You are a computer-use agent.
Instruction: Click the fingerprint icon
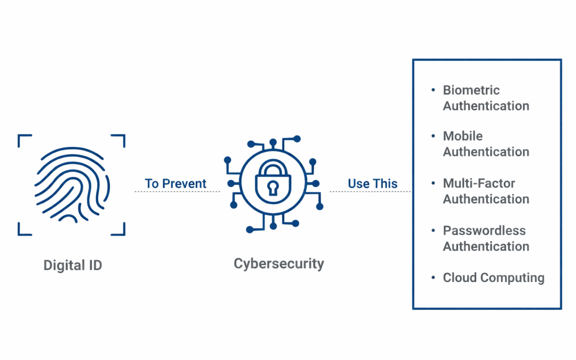click(x=71, y=185)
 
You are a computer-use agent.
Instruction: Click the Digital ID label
click(x=73, y=265)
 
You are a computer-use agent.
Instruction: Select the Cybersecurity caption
click(x=279, y=263)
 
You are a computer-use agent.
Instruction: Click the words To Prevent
click(x=175, y=184)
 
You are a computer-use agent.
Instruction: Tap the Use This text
click(x=373, y=184)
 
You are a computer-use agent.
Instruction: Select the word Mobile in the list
click(x=462, y=136)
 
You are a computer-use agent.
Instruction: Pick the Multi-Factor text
click(x=479, y=183)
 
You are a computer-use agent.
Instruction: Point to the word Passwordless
click(x=484, y=231)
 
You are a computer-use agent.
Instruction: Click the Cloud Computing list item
click(x=493, y=278)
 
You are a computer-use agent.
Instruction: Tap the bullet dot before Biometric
click(x=433, y=90)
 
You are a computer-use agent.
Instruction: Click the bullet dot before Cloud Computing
click(x=433, y=277)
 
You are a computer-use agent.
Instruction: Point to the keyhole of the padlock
click(x=273, y=188)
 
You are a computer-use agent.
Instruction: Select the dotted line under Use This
click(x=370, y=191)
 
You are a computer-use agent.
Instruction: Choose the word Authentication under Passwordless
click(x=486, y=246)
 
